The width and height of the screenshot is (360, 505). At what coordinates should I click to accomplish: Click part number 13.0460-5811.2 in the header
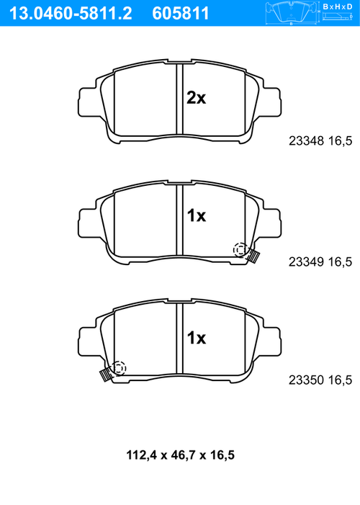click(x=71, y=14)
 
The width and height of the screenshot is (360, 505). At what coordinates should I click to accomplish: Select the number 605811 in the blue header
click(x=180, y=14)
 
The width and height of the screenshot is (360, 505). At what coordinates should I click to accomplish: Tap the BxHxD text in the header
click(x=338, y=6)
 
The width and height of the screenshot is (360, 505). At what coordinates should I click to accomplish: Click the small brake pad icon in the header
click(x=292, y=14)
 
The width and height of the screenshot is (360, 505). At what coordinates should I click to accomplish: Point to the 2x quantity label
click(x=196, y=97)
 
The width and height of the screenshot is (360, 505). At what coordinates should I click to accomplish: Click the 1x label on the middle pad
click(x=197, y=215)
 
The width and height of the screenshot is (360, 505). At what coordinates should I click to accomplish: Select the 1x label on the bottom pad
click(x=197, y=338)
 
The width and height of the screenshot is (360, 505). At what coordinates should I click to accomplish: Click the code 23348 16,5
click(x=320, y=141)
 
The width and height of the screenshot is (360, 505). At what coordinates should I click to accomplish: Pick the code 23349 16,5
click(x=320, y=262)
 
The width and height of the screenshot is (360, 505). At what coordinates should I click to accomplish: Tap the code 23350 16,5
click(x=320, y=380)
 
